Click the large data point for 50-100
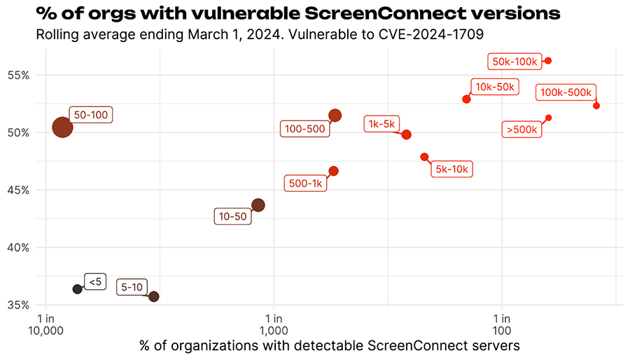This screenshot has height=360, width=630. (62, 127)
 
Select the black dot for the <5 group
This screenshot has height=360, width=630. (77, 289)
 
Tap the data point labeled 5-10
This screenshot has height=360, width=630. (154, 297)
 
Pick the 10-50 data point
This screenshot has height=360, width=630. (258, 205)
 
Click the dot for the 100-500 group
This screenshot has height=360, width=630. (335, 116)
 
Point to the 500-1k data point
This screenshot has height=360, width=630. (333, 171)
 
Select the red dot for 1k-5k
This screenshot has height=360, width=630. (406, 134)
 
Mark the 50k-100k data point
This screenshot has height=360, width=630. (548, 61)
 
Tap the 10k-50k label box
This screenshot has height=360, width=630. (495, 87)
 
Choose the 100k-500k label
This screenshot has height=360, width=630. (566, 92)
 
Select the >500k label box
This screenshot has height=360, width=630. (522, 130)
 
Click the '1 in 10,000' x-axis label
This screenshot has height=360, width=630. (46, 324)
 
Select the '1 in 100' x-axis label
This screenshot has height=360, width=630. (501, 324)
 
